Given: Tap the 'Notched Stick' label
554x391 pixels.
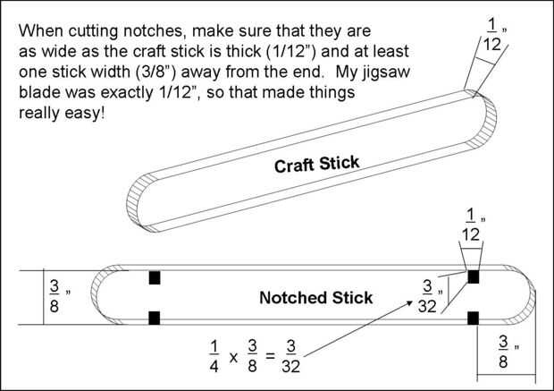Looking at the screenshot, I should [315, 297].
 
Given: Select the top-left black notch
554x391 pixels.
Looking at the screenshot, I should [155, 276].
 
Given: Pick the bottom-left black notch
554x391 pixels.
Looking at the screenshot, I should [155, 317].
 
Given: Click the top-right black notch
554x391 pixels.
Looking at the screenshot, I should [474, 276].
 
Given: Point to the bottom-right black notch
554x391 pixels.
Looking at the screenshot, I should [474, 317].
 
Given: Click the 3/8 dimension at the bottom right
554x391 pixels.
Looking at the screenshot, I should [504, 351].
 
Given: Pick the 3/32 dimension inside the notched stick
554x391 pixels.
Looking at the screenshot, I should [429, 296].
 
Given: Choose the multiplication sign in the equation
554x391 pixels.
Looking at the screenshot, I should [234, 357].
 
